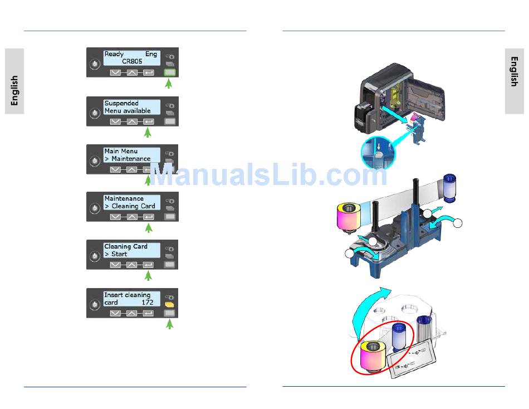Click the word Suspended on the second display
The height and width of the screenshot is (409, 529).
click(121, 103)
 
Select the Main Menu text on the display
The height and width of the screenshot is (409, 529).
click(121, 151)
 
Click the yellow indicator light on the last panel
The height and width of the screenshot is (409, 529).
click(170, 306)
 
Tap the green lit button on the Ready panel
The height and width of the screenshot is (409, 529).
click(170, 73)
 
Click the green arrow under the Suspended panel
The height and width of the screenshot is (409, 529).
click(148, 133)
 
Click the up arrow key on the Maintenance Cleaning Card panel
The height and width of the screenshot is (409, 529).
click(131, 217)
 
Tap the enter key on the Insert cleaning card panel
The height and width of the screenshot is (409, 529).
click(148, 314)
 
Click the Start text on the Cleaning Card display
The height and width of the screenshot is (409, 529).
click(119, 254)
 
